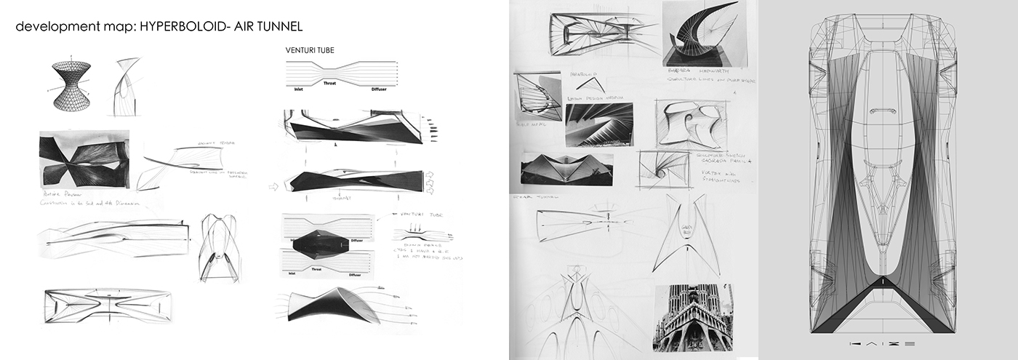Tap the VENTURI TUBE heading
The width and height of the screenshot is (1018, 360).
pos(310,51)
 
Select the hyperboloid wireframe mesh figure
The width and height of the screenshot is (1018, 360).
pos(71,86)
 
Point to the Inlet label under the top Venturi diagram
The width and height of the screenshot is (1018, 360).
pos(298,90)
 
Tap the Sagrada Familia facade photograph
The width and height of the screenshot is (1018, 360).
pos(692,318)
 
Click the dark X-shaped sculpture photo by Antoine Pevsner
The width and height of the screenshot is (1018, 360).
pos(84,159)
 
